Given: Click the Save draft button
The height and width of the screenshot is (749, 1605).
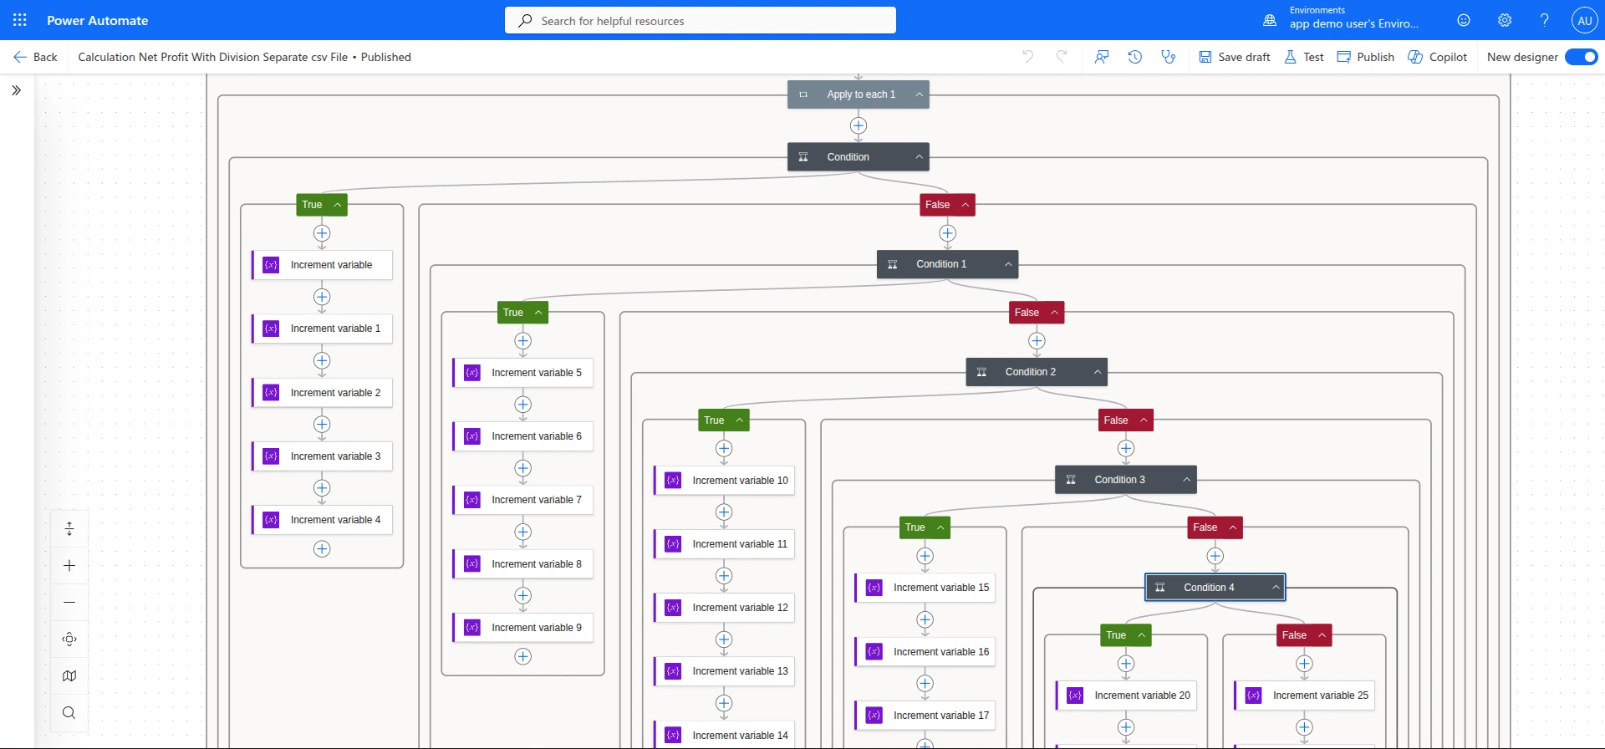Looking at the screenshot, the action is pos(1235,57).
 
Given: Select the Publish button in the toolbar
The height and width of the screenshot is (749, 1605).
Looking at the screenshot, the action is pos(1366,57).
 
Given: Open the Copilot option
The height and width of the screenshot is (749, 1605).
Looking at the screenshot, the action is pos(1438,57).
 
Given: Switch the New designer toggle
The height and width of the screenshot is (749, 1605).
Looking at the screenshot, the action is pos(1581,57).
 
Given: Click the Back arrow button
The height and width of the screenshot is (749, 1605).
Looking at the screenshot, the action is pos(35,57).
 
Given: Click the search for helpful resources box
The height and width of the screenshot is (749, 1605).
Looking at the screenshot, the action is pos(701,20).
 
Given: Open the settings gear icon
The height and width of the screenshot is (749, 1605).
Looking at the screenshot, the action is pos(1505,20).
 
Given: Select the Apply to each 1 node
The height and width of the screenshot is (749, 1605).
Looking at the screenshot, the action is pos(859,94).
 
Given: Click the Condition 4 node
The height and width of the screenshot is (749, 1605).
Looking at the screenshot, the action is pos(1215,588).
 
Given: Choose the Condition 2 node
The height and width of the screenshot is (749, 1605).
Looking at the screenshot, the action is pos(1037,372).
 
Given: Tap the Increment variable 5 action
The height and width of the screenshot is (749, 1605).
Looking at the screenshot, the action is pos(523,373).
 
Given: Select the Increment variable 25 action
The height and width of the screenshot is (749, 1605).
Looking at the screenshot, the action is pos(1304,695).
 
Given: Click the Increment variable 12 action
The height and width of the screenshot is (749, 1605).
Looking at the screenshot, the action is pos(724,608).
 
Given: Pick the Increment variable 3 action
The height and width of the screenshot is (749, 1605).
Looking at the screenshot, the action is pos(322,456).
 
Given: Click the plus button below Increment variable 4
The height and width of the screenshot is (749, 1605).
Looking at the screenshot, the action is pos(322,549).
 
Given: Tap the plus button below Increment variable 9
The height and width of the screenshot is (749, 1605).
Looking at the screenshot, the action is pos(523,657).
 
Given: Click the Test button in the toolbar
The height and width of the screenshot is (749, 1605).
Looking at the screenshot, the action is pos(1304,57).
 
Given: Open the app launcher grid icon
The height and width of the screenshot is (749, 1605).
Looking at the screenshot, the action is pos(20,20).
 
